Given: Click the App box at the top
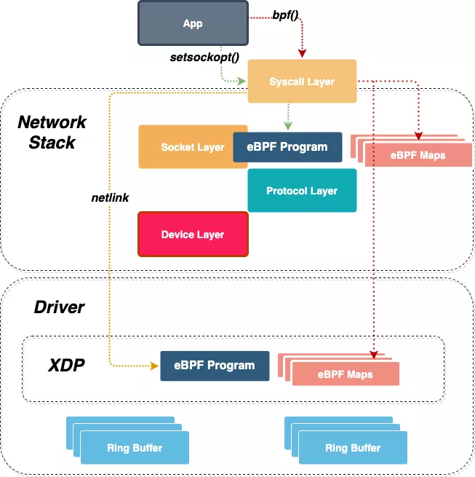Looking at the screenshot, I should click(193, 23).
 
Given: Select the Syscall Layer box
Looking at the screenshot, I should click(302, 82).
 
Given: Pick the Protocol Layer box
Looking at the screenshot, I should click(302, 191).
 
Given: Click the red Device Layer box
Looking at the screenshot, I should click(193, 234).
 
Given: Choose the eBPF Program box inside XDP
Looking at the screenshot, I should click(215, 366).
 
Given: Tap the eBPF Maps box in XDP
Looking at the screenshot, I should click(345, 374).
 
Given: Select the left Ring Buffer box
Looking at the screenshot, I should click(135, 447).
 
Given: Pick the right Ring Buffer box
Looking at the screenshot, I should click(353, 447).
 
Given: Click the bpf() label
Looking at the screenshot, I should click(285, 15).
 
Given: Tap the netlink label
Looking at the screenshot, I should click(111, 197).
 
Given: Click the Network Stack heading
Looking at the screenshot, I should click(52, 133).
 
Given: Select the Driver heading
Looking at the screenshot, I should click(59, 307).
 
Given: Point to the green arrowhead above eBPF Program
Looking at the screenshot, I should click(288, 127).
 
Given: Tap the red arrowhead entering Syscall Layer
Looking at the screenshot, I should click(302, 53).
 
